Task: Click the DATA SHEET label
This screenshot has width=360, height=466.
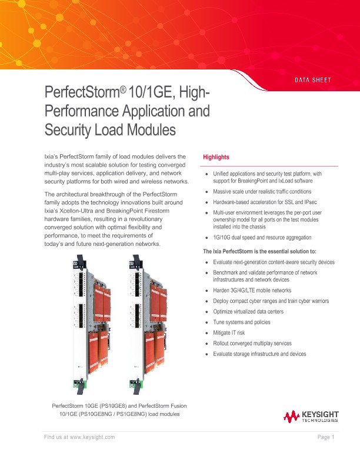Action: click(x=313, y=79)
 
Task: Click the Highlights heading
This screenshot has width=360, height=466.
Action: click(x=216, y=157)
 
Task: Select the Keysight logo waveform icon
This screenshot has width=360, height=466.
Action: click(x=292, y=417)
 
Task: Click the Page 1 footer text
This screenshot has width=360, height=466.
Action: click(x=325, y=437)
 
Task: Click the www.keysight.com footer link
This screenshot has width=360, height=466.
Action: click(x=88, y=437)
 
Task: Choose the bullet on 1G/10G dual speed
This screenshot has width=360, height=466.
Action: click(x=262, y=237)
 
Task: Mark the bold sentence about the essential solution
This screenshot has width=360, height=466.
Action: click(x=259, y=252)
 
